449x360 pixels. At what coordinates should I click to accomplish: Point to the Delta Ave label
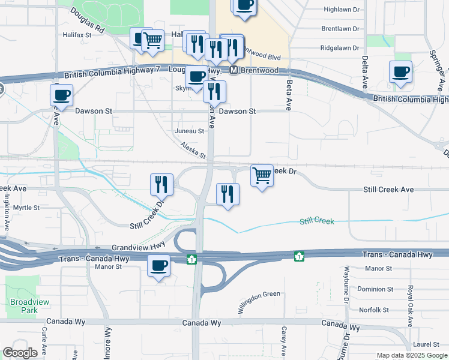tap(364, 73)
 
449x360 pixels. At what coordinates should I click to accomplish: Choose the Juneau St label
tap(189, 131)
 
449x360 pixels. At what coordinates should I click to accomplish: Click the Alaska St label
tap(193, 147)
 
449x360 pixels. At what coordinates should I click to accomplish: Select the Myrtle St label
tap(26, 208)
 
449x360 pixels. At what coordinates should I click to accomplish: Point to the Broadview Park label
tap(23, 307)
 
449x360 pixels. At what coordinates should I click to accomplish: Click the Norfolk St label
tap(374, 310)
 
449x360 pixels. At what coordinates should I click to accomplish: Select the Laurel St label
tap(427, 344)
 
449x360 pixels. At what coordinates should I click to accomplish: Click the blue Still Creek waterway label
tap(317, 221)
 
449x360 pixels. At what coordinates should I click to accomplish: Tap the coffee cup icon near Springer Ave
tap(400, 72)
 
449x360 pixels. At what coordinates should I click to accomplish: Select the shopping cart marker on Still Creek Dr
tap(262, 175)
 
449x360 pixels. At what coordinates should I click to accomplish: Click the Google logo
tap(20, 353)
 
